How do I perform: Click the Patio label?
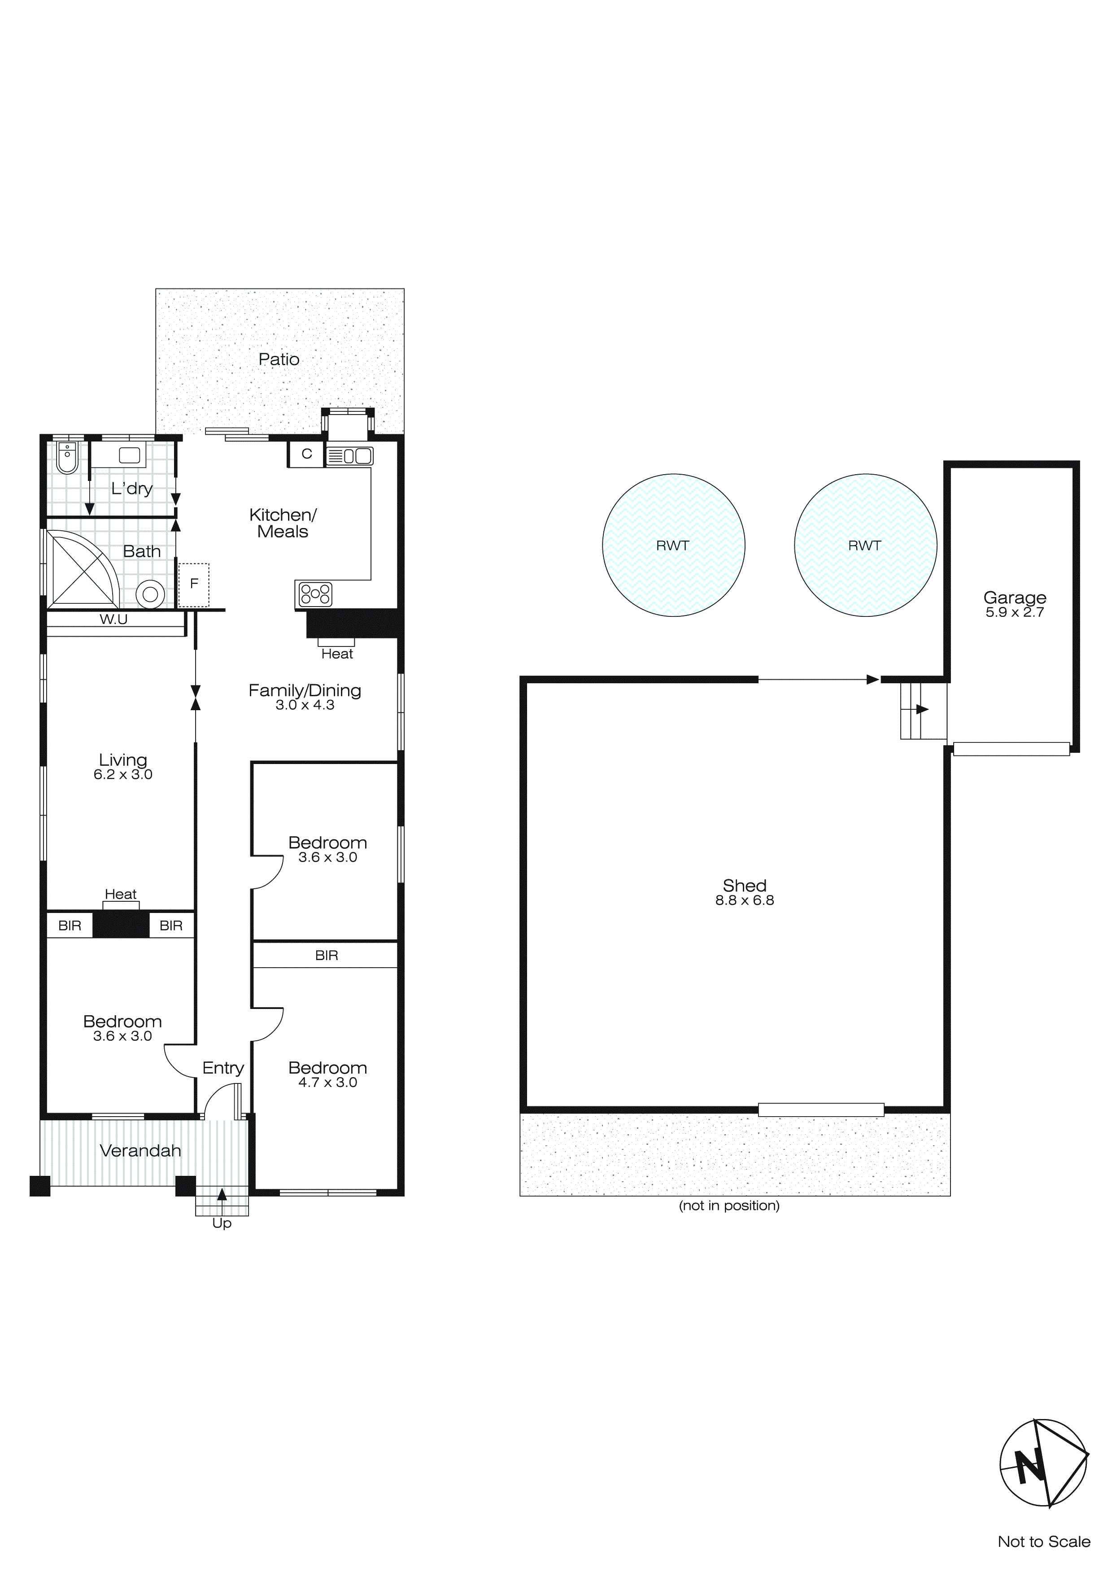279,359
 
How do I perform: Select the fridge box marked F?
194,584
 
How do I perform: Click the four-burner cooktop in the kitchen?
315,594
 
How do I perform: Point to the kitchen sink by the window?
350,455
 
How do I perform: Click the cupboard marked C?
306,454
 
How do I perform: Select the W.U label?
113,620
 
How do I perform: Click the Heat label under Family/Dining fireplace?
337,654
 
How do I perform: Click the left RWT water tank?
673,545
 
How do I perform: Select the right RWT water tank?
865,545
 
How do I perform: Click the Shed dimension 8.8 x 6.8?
744,900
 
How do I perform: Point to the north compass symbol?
1043,1464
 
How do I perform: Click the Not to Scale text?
1043,1541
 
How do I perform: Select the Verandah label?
140,1151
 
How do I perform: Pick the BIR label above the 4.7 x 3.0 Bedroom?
327,955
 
